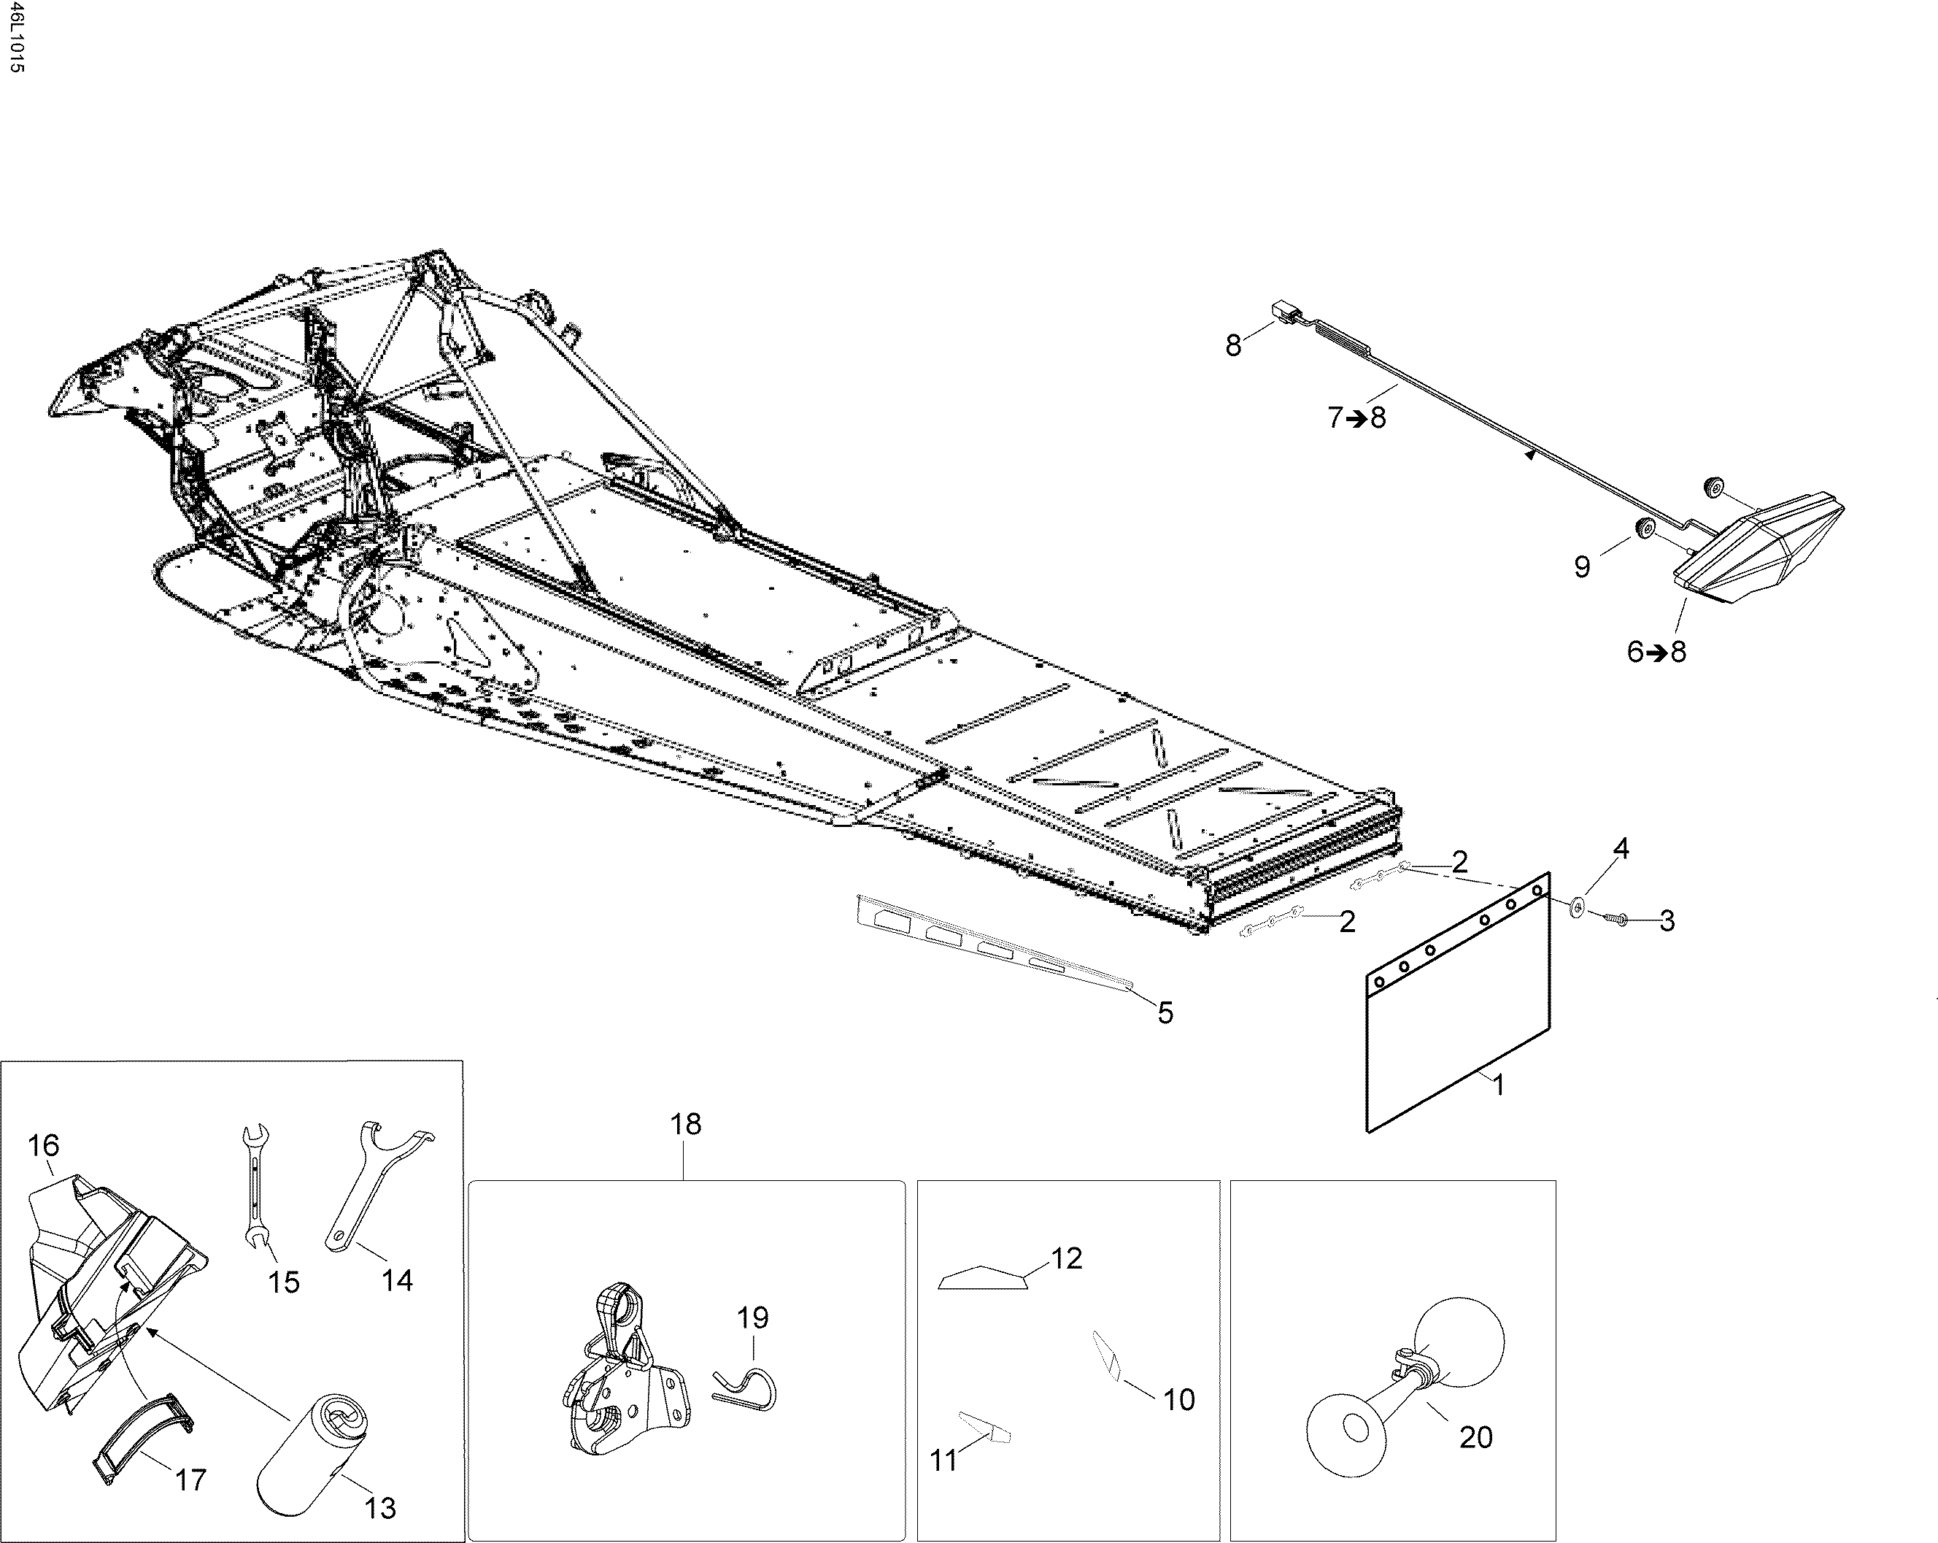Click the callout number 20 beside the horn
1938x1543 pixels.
click(x=1475, y=1437)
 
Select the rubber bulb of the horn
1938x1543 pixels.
click(x=1461, y=1342)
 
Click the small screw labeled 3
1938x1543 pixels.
click(x=1613, y=917)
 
